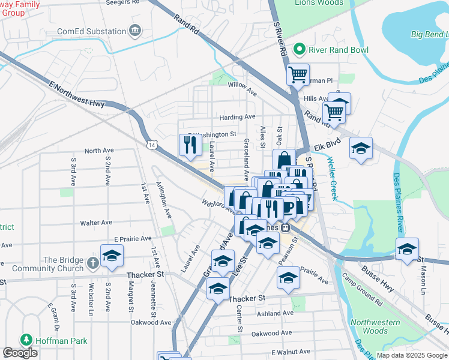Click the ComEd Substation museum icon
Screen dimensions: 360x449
tap(135, 31)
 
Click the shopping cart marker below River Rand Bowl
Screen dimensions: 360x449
tap(298, 75)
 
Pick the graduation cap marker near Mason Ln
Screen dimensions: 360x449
tap(407, 249)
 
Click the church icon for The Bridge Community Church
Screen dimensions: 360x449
tap(92, 263)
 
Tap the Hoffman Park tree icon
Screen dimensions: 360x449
tap(25, 341)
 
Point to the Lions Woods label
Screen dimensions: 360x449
tap(319, 3)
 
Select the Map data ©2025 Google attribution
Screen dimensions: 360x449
tap(412, 355)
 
